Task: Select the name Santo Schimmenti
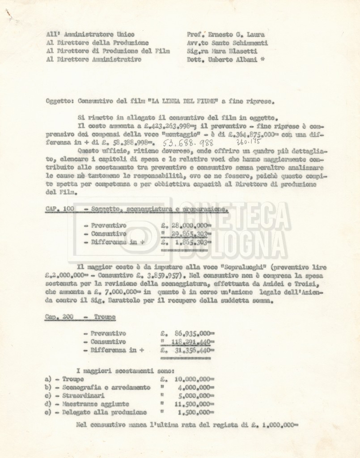pyautogui.click(x=242, y=43)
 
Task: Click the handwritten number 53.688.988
pyautogui.click(x=188, y=144)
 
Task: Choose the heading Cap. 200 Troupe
pyautogui.click(x=80, y=317)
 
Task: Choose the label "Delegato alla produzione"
pyautogui.click(x=105, y=412)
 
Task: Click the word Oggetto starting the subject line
pyautogui.click(x=59, y=102)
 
